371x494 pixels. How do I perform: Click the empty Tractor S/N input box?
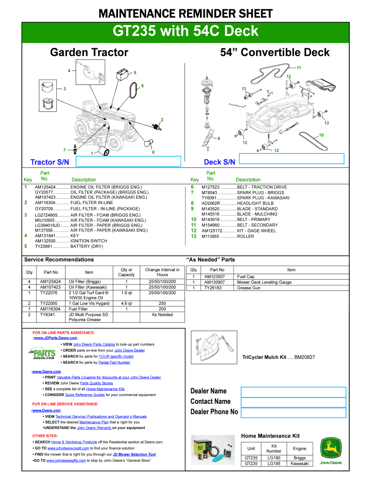point(132,161)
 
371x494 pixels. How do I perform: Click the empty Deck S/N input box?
point(291,159)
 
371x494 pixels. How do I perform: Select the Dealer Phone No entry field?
point(293,412)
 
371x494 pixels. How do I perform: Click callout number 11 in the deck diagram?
point(299,68)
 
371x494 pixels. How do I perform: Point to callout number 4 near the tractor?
point(69,71)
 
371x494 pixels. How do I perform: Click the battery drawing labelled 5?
point(124,76)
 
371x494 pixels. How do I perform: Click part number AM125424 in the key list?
point(45,187)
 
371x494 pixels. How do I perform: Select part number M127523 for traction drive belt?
point(211,187)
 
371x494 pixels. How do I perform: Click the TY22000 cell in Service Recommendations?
point(49,303)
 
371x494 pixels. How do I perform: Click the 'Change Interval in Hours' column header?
point(162,272)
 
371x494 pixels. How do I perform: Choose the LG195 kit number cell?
point(274,464)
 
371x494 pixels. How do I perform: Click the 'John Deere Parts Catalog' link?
point(94,344)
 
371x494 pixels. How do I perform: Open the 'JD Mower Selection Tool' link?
point(134,454)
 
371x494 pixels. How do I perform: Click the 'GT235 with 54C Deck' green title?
point(185,32)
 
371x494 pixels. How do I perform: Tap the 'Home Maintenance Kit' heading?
point(270,436)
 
